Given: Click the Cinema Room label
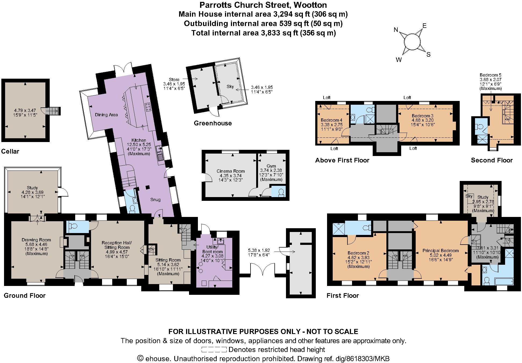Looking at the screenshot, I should [x=231, y=171].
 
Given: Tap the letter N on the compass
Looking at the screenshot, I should [x=396, y=30].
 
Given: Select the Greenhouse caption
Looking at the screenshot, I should [x=213, y=123].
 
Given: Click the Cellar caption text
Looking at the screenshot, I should [x=10, y=151].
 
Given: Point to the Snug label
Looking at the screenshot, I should [x=155, y=199].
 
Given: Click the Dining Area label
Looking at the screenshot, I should [x=106, y=115].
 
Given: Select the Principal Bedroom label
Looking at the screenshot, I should [x=440, y=251].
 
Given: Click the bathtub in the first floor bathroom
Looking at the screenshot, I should [x=504, y=282].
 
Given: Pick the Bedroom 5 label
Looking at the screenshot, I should [x=490, y=75].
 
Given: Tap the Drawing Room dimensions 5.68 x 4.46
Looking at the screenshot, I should [x=36, y=245].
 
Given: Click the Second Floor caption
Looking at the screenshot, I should [x=492, y=160].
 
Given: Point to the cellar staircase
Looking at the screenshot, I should [x=53, y=110].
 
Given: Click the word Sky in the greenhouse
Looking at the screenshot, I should [x=230, y=86].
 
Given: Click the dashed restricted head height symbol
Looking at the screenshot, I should [x=214, y=350].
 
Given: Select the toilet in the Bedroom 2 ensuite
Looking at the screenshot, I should [x=367, y=228].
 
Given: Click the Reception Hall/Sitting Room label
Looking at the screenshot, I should [x=116, y=245].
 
